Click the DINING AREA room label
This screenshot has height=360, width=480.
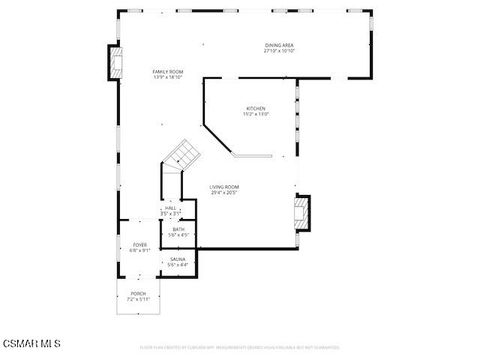click(279, 45)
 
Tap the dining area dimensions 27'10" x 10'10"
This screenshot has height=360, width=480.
click(279, 51)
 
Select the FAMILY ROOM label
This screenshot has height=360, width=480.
click(167, 72)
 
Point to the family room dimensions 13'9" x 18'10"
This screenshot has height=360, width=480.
click(167, 78)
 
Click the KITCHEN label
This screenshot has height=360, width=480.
click(256, 108)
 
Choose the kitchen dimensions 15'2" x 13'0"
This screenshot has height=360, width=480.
click(256, 114)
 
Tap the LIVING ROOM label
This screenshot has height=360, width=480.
click(224, 186)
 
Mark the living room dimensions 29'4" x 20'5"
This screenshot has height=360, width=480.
click(224, 192)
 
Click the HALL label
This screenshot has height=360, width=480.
click(170, 207)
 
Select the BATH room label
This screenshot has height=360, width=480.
click(178, 229)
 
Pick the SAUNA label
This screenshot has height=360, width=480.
click(177, 259)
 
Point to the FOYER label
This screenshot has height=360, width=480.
click(139, 244)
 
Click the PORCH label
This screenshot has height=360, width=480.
click(138, 293)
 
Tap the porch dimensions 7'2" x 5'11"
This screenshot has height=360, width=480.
click(138, 299)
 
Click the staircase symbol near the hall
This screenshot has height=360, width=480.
click(181, 155)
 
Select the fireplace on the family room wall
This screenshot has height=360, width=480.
click(117, 63)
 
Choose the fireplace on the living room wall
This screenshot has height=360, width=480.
click(302, 213)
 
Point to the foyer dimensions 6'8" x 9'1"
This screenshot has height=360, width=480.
click(139, 250)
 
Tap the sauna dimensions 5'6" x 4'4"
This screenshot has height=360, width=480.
click(177, 265)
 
